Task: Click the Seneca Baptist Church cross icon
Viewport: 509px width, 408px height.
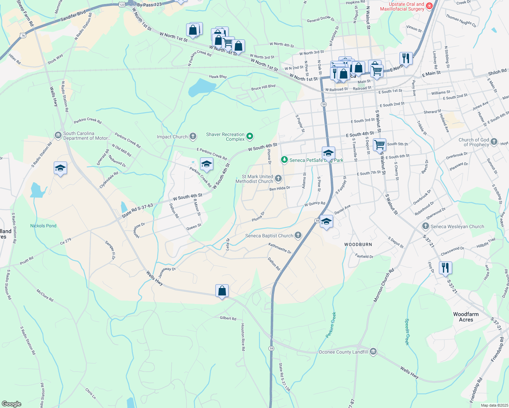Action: (298, 235)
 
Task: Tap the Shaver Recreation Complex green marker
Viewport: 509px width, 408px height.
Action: (250, 137)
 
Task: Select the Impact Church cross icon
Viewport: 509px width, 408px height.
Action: (193, 137)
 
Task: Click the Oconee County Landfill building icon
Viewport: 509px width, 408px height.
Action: (373, 352)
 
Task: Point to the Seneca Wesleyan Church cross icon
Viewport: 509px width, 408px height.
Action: (425, 226)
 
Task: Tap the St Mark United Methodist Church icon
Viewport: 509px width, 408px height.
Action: (278, 178)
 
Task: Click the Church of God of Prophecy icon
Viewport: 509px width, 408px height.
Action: (494, 142)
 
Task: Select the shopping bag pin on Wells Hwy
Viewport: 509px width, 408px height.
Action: (222, 291)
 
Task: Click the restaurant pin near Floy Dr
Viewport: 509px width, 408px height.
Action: (445, 268)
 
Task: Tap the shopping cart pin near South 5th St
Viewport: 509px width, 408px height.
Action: (379, 144)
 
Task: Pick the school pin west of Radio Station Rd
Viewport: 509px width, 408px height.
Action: (60, 168)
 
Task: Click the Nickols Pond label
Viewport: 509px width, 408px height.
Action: (43, 226)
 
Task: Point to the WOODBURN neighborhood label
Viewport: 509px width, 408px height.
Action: (358, 244)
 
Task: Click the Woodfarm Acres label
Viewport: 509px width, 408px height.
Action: (466, 317)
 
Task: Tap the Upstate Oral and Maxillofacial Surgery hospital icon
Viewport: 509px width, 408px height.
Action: (429, 6)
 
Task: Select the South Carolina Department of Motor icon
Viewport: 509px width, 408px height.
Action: (58, 135)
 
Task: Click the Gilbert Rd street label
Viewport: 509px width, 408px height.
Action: (228, 318)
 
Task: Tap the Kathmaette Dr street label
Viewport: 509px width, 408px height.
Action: (280, 248)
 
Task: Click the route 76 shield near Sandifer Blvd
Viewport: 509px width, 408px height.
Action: (23, 35)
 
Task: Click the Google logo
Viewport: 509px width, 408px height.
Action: (11, 404)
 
